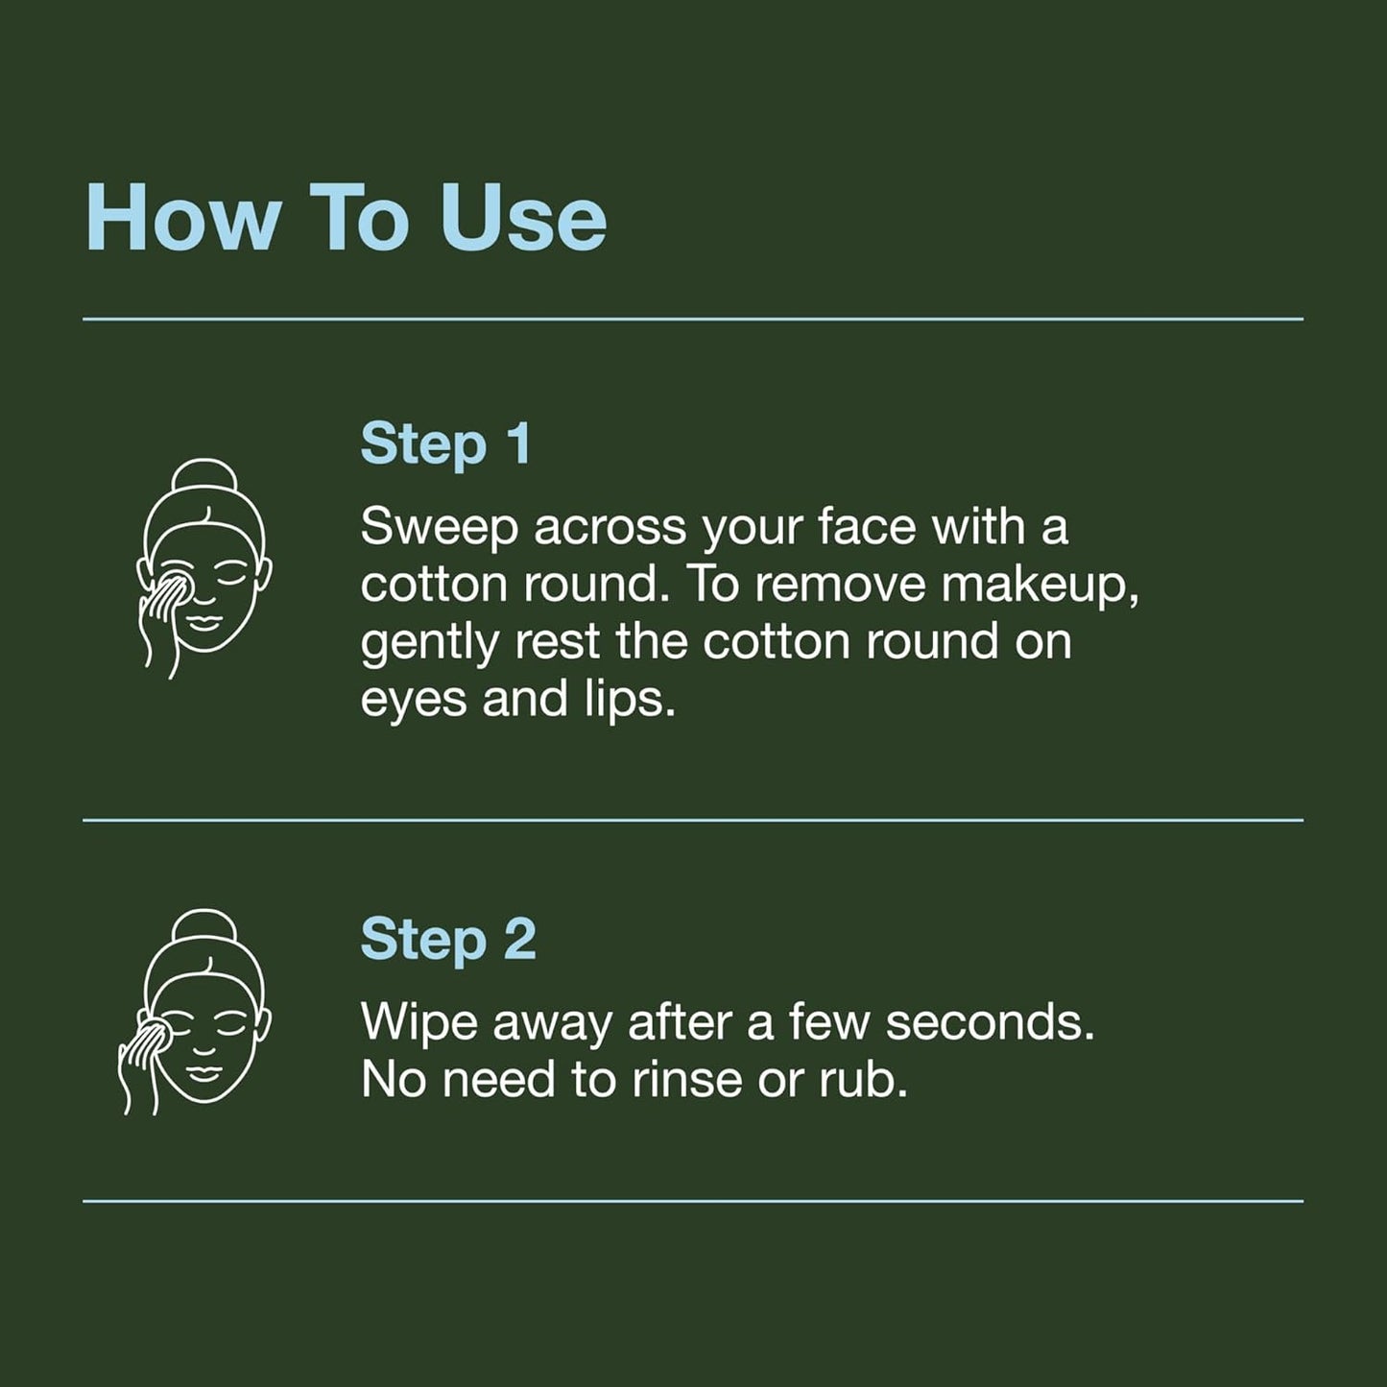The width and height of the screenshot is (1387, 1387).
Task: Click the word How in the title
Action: tap(182, 217)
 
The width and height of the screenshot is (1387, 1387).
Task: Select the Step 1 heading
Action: tap(445, 445)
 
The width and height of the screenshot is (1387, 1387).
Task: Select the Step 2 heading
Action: tap(448, 940)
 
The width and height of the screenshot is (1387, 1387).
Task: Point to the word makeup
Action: tap(1040, 586)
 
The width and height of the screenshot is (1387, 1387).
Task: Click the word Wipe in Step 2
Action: tap(418, 1023)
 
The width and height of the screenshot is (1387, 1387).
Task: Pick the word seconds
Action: tap(990, 1023)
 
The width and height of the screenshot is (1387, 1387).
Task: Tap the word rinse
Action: tap(686, 1081)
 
